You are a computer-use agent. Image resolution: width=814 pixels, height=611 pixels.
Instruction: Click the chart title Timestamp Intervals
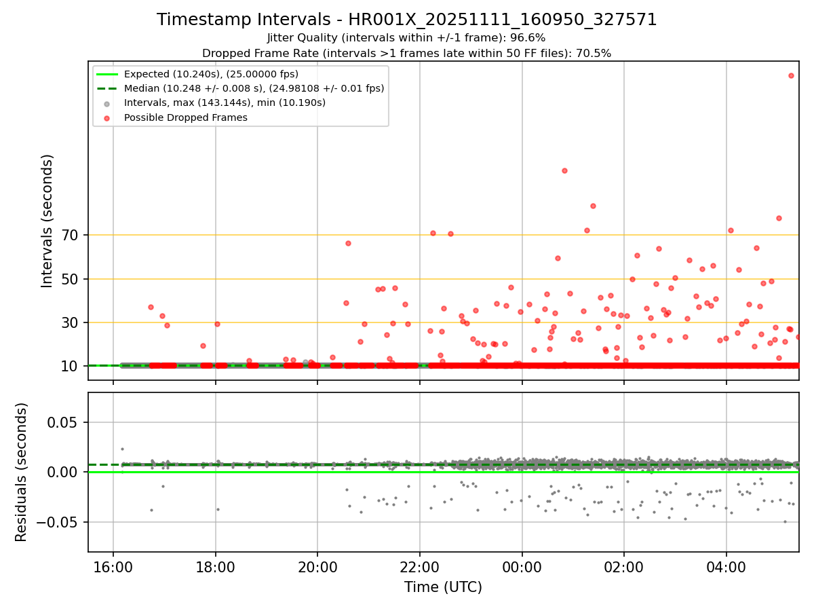click(407, 20)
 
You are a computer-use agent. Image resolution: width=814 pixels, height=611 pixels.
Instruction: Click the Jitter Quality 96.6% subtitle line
click(406, 38)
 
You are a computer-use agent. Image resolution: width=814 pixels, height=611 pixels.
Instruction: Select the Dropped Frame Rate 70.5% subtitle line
click(406, 53)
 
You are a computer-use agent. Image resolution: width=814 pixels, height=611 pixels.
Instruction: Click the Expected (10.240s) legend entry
click(211, 74)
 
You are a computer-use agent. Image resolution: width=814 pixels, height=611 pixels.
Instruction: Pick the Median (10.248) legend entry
click(254, 88)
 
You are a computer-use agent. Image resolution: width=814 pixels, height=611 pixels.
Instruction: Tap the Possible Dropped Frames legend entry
click(185, 117)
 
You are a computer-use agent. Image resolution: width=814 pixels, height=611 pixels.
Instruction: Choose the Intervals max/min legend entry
click(225, 103)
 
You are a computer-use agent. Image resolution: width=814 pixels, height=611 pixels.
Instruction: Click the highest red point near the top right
click(791, 75)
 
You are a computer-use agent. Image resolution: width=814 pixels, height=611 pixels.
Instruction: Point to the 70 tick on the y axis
click(71, 236)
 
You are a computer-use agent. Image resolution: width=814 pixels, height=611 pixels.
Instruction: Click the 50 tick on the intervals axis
click(71, 279)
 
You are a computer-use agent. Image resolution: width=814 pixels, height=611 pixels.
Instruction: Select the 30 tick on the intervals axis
click(71, 322)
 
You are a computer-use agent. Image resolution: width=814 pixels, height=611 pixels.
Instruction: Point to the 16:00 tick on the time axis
click(113, 566)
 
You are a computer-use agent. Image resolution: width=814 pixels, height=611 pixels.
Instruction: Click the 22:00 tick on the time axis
click(419, 566)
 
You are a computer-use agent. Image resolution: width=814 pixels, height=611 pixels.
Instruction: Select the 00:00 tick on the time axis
click(522, 566)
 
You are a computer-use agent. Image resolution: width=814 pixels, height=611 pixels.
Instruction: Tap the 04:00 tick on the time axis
click(726, 566)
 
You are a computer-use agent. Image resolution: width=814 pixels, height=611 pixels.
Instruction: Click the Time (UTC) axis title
click(443, 587)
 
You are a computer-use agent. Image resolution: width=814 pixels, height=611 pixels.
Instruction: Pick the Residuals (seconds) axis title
click(21, 472)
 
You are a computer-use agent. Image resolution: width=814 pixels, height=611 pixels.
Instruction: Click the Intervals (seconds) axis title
click(47, 221)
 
